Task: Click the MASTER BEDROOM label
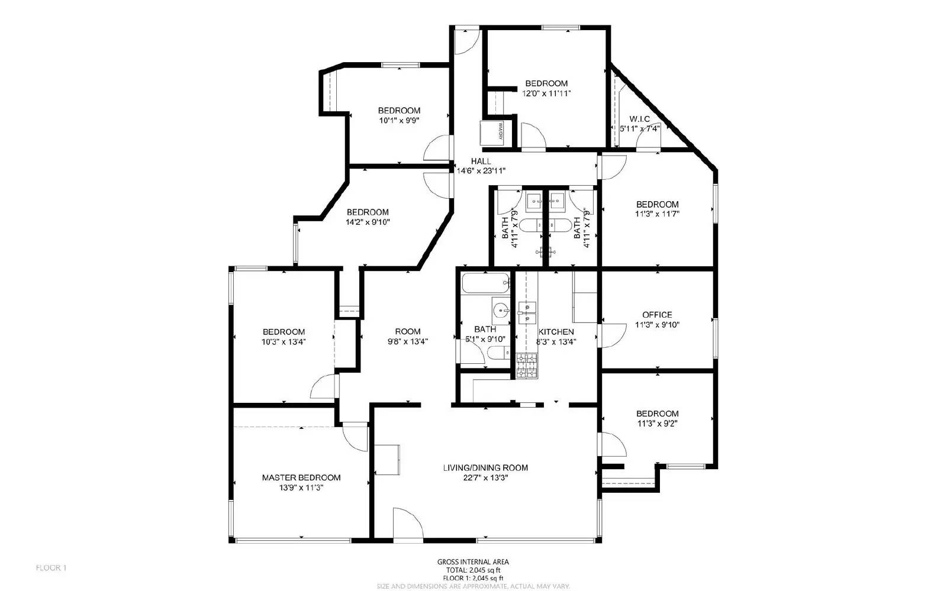(301, 477)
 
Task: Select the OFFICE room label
(657, 315)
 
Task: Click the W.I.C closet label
(639, 119)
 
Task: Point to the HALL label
(481, 161)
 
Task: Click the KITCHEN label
(555, 332)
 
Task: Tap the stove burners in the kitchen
(526, 365)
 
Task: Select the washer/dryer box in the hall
(491, 132)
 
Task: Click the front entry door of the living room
(408, 523)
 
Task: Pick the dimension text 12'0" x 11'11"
(546, 93)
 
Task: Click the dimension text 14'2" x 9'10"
(368, 222)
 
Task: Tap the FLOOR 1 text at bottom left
(51, 568)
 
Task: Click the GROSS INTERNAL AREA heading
(472, 562)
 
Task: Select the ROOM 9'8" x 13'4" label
(408, 331)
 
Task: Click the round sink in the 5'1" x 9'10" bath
(501, 309)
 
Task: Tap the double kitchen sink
(526, 312)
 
